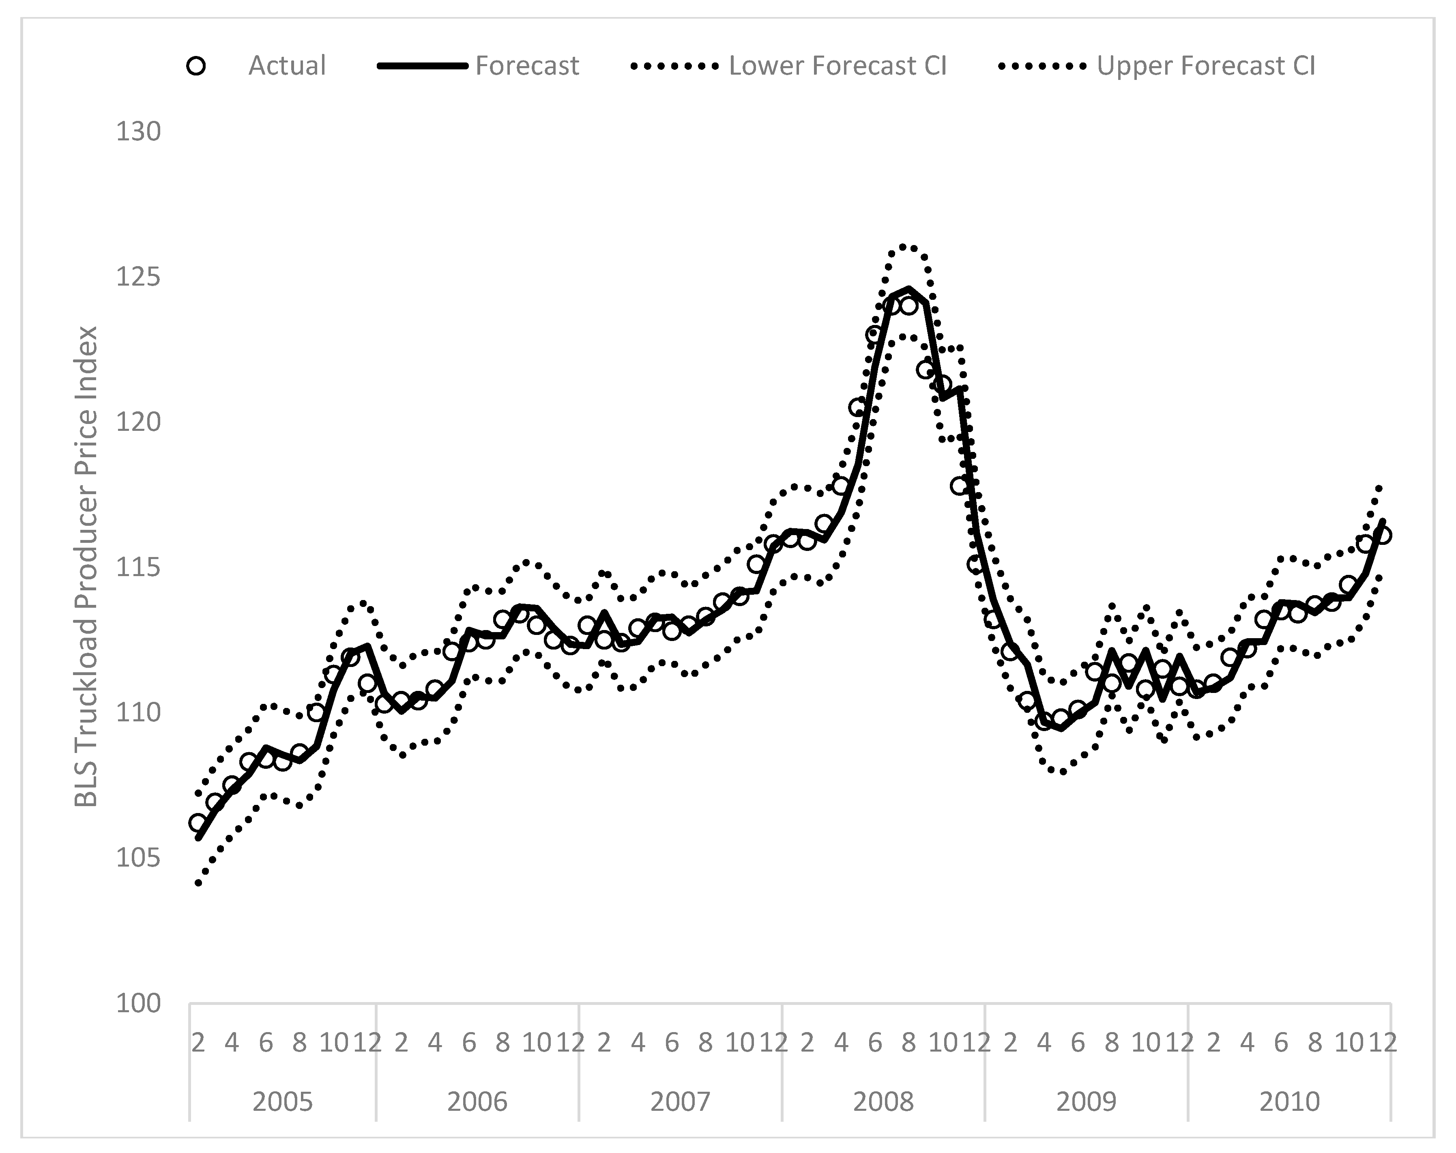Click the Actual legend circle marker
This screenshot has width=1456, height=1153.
click(x=196, y=66)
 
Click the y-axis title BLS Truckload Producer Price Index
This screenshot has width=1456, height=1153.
click(x=86, y=567)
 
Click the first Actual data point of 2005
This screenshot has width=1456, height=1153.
click(x=198, y=823)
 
